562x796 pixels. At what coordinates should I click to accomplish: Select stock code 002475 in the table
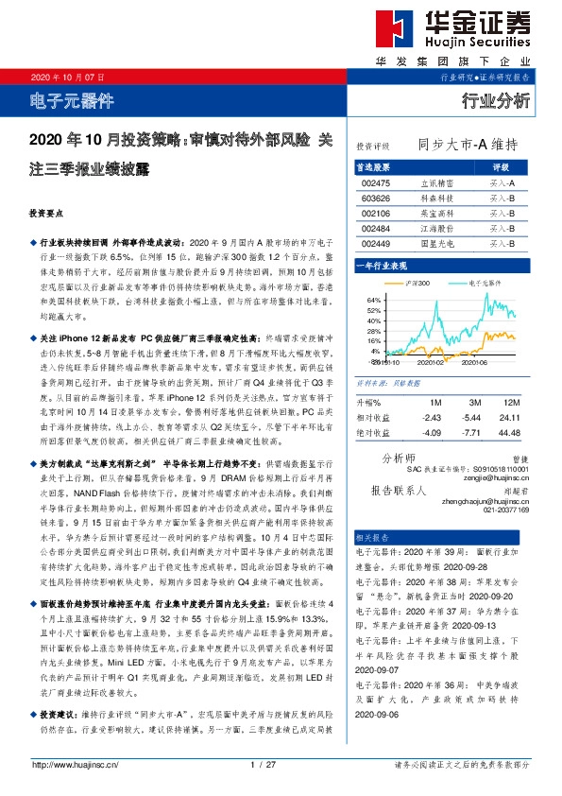point(376,182)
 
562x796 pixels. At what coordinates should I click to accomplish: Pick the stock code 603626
point(376,198)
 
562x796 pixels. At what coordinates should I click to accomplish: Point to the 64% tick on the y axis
point(373,299)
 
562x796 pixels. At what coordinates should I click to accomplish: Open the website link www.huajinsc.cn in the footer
point(68,765)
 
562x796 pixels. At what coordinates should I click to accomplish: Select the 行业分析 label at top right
point(496,101)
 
